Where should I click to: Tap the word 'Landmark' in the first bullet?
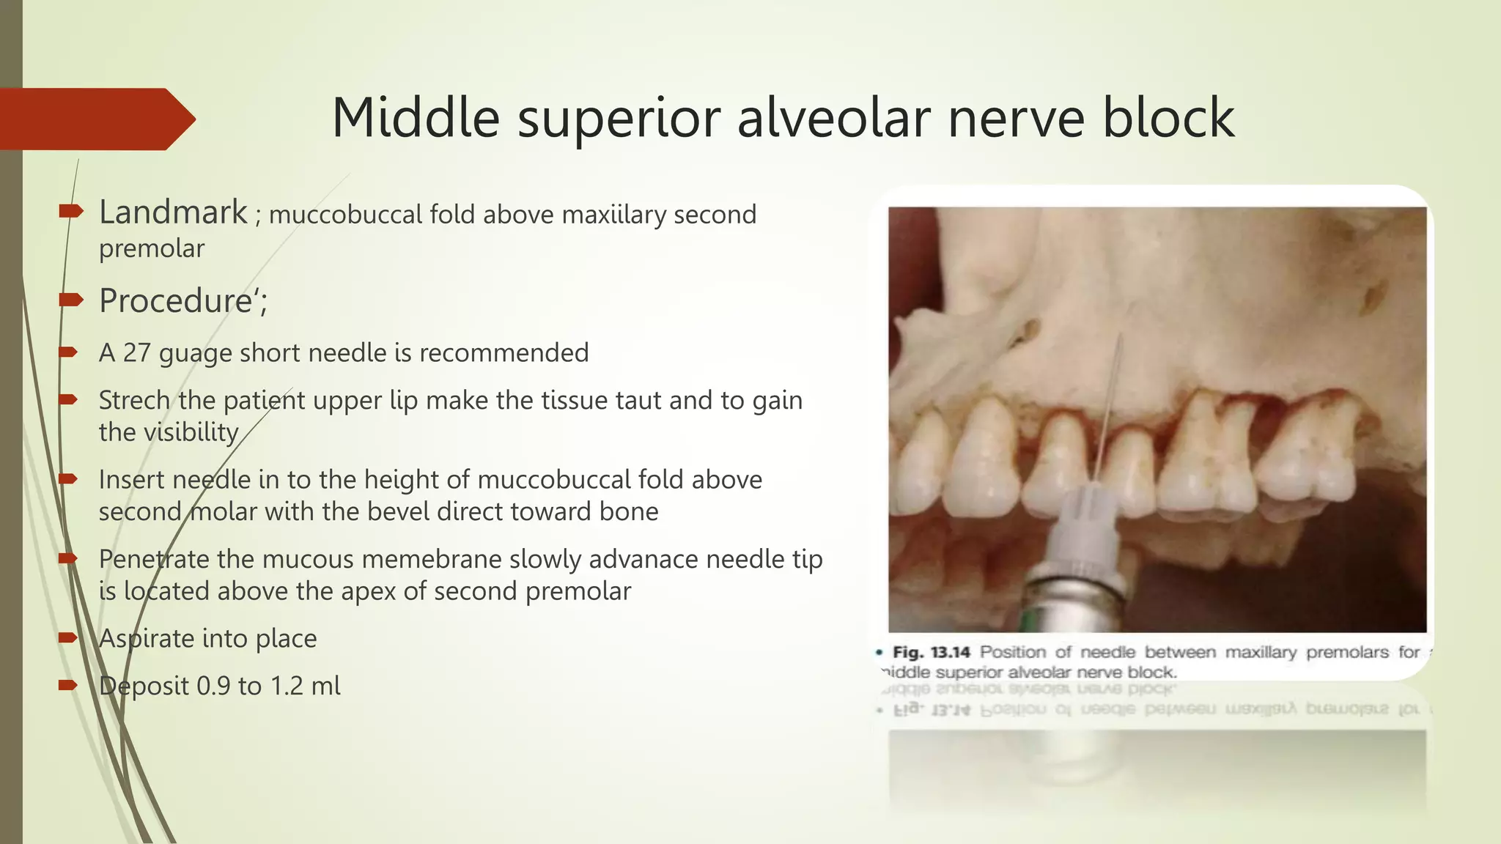tap(173, 212)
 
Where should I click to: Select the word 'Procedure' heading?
tap(175, 301)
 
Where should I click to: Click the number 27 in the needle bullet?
tap(136, 353)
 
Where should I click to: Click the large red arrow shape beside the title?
tap(95, 119)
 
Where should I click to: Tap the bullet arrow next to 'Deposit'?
tap(68, 686)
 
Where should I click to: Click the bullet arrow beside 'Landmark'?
tap(70, 212)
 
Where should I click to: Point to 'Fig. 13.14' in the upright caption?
tap(931, 652)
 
